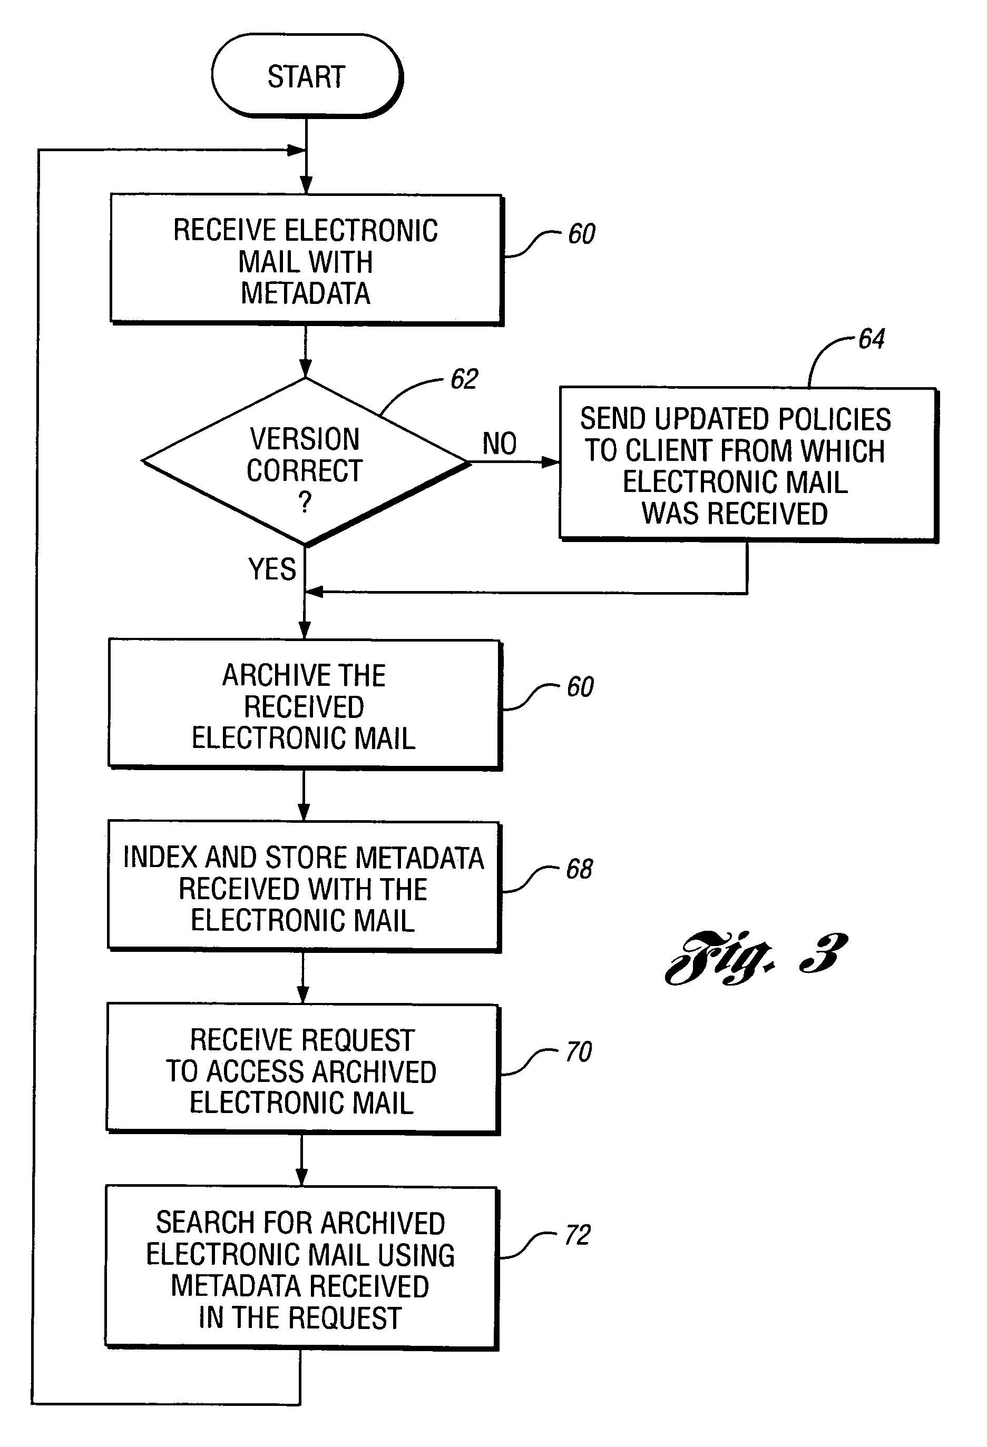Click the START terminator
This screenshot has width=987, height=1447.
(307, 76)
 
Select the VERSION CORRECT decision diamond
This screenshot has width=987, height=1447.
(305, 462)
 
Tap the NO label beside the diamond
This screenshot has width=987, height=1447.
(500, 444)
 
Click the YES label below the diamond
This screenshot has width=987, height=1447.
(272, 569)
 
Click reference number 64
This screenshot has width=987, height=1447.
(871, 339)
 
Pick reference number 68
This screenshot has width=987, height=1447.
(579, 869)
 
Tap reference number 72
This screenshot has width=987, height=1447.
(577, 1235)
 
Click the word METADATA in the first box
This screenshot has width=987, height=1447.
(306, 293)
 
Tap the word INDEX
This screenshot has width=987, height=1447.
(161, 858)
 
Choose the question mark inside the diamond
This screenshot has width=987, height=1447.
(305, 501)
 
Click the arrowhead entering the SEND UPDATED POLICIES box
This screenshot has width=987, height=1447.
(551, 462)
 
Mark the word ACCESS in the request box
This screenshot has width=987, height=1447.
(256, 1071)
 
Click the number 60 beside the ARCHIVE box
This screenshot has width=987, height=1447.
(580, 687)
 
